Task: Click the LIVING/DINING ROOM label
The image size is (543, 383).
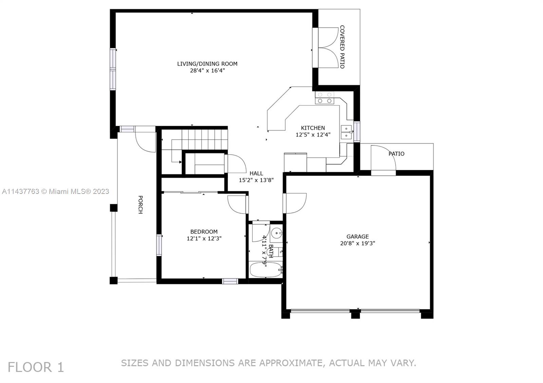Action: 207,64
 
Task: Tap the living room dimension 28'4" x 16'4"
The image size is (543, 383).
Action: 207,71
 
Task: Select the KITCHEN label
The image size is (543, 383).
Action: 313,128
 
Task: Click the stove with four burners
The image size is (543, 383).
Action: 324,98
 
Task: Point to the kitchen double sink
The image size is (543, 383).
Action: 346,132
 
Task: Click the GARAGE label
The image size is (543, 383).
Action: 357,237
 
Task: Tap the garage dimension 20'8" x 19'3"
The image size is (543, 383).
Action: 357,243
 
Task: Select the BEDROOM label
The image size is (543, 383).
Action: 204,232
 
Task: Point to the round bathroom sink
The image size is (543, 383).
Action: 277,233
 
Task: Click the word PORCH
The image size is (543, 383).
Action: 140,204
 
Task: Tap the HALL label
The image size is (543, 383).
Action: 256,174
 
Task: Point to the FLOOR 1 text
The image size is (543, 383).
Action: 36,367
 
